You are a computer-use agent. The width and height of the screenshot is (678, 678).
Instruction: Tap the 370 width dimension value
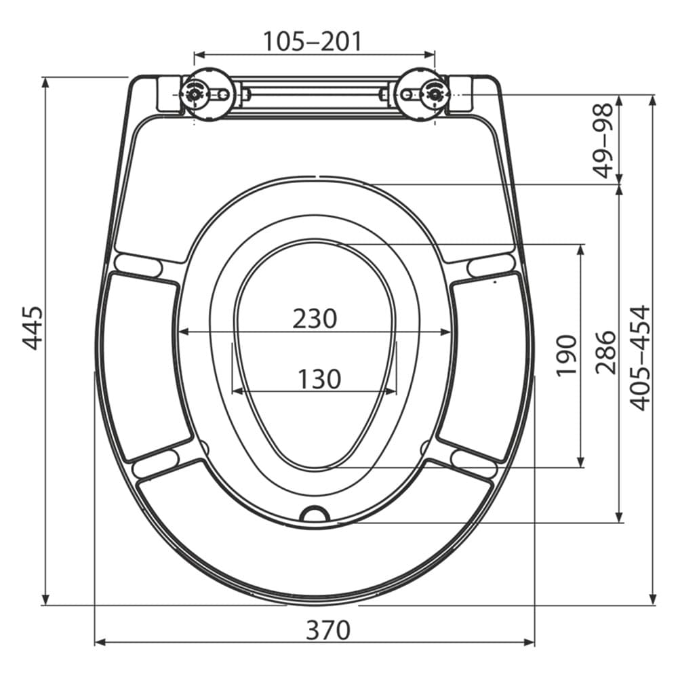pos(328,631)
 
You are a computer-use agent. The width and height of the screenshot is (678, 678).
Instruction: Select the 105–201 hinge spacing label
pos(313,42)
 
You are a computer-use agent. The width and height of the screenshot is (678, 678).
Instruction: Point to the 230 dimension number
pos(315,319)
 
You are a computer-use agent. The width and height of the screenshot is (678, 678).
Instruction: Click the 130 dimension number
pos(319,379)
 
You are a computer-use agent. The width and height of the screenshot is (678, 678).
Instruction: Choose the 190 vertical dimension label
pos(565,355)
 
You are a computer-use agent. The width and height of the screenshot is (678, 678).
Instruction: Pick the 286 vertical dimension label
pos(605,353)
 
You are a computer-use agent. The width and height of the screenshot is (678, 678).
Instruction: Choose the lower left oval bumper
pos(156,462)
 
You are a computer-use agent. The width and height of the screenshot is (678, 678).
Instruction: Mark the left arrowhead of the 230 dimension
pos(182,332)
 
